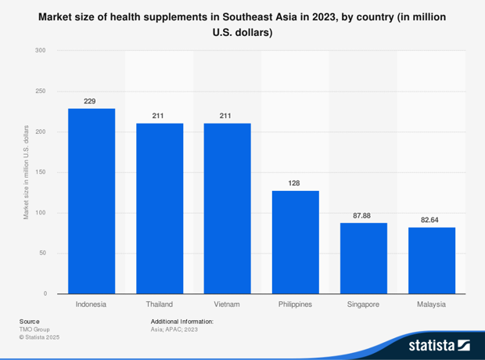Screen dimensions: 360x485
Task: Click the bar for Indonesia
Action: (x=92, y=201)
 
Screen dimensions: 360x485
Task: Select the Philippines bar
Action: (x=295, y=242)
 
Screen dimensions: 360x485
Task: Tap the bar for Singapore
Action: (x=363, y=258)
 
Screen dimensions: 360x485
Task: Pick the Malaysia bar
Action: (x=431, y=261)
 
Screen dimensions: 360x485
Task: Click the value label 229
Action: (x=92, y=101)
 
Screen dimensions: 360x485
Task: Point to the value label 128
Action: (x=295, y=183)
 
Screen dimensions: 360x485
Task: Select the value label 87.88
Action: (x=363, y=215)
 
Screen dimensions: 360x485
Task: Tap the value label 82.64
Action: (x=431, y=220)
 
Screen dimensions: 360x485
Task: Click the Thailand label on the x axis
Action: (x=160, y=304)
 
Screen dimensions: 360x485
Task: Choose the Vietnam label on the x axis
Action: (x=227, y=304)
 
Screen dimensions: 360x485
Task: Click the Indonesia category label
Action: (x=92, y=304)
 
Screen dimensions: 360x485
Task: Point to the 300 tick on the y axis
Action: (x=41, y=51)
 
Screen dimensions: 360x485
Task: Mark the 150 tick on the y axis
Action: (x=41, y=172)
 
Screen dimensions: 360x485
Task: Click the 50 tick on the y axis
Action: (x=42, y=254)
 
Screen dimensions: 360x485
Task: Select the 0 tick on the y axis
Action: (x=45, y=293)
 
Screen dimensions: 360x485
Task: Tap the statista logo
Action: (x=439, y=344)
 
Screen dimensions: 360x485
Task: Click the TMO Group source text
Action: (x=34, y=329)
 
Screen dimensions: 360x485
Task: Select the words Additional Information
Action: (x=181, y=321)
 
